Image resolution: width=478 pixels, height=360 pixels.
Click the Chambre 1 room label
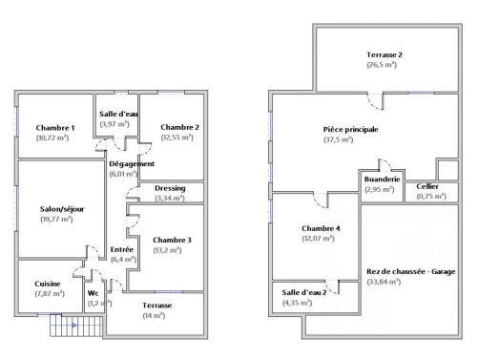coord(55,128)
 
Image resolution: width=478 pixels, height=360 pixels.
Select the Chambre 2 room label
coord(179,127)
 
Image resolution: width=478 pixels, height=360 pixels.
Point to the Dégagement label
coord(133,164)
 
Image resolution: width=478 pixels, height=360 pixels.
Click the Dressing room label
coord(170,188)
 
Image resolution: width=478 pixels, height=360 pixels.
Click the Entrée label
coord(122,249)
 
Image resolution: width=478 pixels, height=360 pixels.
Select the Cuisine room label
coord(49,284)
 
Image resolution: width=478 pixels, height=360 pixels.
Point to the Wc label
coord(94,293)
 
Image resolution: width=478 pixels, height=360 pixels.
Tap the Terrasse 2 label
coord(384,55)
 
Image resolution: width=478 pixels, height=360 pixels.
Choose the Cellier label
coord(427,186)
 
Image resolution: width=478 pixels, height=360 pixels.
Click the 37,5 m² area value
coord(339,139)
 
